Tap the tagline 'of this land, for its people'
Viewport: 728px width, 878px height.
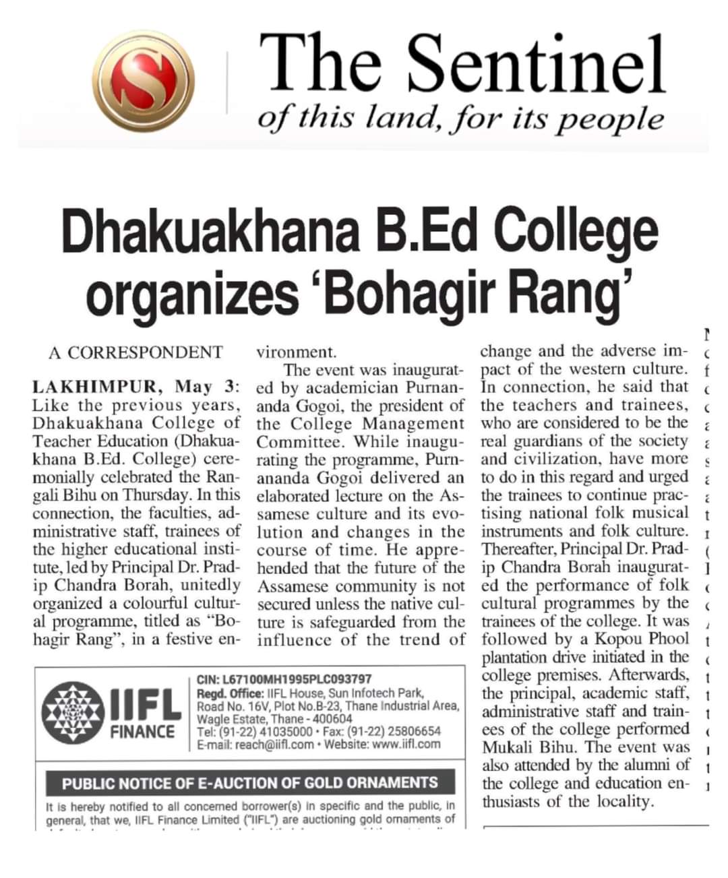tap(460, 119)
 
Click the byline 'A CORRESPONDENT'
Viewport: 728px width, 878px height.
tap(135, 352)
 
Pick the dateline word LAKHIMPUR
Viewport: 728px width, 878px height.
tap(94, 387)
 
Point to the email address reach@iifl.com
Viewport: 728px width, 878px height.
tap(274, 745)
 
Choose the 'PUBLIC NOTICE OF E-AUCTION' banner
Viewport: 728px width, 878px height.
tap(250, 783)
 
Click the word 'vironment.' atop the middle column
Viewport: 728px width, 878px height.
tap(297, 352)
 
